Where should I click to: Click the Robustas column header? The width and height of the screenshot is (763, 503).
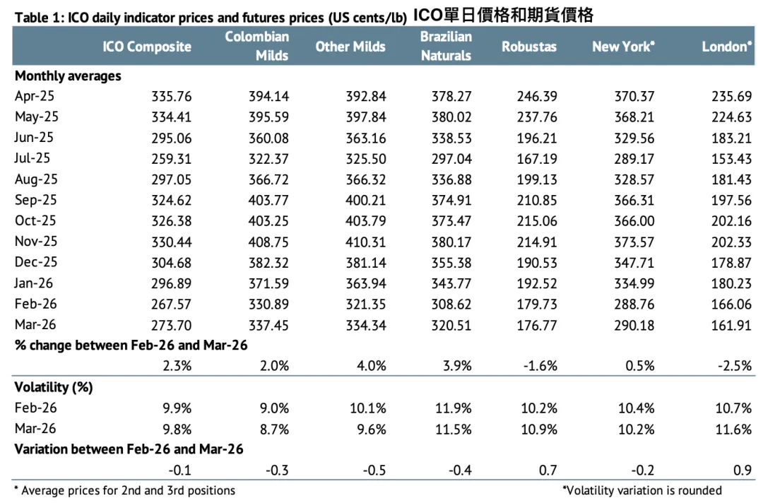[x=529, y=47]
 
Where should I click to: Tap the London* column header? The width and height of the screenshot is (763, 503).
[x=726, y=47]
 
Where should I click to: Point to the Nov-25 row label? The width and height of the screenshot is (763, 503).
[x=36, y=242]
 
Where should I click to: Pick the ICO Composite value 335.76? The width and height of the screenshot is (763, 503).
[x=171, y=97]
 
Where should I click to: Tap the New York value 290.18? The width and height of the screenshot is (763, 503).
[x=634, y=326]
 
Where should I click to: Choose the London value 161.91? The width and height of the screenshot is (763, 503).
[x=731, y=326]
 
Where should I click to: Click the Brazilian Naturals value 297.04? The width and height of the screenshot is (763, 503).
[x=451, y=159]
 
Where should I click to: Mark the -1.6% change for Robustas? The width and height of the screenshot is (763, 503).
[x=539, y=366]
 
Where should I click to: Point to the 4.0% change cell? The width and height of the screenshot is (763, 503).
[x=371, y=366]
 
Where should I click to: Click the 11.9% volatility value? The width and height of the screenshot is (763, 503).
[x=454, y=408]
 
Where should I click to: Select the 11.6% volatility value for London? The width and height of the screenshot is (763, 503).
[x=734, y=429]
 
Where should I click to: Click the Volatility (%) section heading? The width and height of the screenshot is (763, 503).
[x=54, y=387]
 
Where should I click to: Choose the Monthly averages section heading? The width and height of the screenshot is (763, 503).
[x=68, y=76]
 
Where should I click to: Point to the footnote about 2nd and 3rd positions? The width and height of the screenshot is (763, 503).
[x=124, y=490]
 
